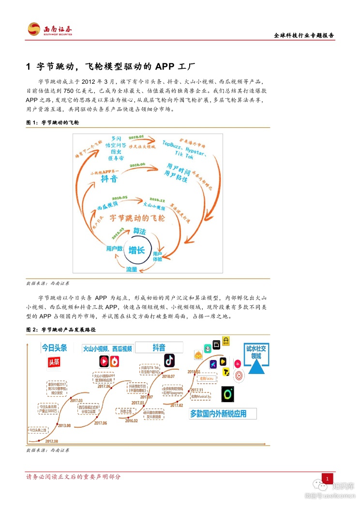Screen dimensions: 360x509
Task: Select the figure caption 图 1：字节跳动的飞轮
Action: pos(52,123)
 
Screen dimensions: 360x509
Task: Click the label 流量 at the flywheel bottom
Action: pos(132,269)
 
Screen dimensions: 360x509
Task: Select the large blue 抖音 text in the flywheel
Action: pos(109,179)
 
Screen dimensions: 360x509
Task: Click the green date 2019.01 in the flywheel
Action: pos(136,137)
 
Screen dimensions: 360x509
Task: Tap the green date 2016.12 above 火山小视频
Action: pos(157,199)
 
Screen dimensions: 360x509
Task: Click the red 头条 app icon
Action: pos(56,362)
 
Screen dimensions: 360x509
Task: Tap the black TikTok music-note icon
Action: pos(169,360)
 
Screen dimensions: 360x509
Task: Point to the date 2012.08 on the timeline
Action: pos(52,441)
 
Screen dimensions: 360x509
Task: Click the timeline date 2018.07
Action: pos(169,376)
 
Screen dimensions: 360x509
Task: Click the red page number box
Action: pos(328,479)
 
